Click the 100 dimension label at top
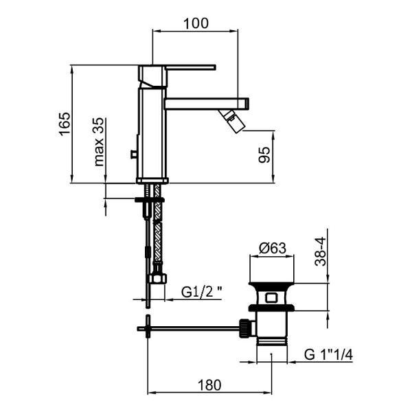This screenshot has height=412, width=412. [x=196, y=23]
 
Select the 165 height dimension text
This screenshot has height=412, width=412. [x=65, y=124]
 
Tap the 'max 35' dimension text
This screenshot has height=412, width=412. [x=99, y=142]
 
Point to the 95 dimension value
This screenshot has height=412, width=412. [x=264, y=155]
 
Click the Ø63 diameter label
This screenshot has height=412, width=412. [x=272, y=248]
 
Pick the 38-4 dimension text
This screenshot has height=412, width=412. [x=320, y=251]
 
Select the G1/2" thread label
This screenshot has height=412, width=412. [x=201, y=292]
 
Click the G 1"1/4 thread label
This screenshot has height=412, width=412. [x=328, y=355]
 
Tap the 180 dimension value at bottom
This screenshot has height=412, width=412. [x=209, y=385]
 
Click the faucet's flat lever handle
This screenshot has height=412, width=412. [x=190, y=67]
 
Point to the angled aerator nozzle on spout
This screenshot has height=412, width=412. [x=232, y=121]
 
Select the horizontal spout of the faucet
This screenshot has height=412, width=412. [x=206, y=104]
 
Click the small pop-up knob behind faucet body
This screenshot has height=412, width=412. [x=134, y=154]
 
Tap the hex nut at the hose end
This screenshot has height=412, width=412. [x=158, y=279]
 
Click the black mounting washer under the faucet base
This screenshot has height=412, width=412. [x=150, y=200]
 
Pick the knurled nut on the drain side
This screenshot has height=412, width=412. [x=244, y=328]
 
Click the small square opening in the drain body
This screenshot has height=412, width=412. [x=271, y=298]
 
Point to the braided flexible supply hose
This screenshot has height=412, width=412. [x=157, y=223]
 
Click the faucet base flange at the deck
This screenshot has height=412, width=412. [x=152, y=181]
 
